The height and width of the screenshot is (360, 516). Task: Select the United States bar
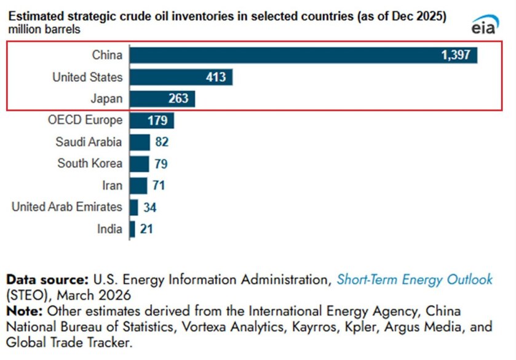click(181, 77)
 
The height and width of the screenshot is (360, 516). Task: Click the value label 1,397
click(455, 55)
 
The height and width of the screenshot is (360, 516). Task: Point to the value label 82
click(162, 142)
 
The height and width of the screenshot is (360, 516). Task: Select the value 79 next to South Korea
click(161, 164)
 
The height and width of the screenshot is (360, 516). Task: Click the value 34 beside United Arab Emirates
click(150, 207)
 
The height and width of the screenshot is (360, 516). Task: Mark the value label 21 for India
click(146, 229)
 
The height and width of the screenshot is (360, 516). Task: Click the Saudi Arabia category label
click(89, 142)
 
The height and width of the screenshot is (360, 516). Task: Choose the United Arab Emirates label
click(67, 207)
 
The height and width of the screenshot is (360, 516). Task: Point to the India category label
click(109, 229)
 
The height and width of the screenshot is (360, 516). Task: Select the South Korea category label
click(90, 164)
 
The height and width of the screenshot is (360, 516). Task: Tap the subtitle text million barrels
click(44, 29)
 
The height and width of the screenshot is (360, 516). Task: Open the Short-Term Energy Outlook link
click(414, 279)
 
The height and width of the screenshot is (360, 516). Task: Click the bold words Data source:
click(47, 279)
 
